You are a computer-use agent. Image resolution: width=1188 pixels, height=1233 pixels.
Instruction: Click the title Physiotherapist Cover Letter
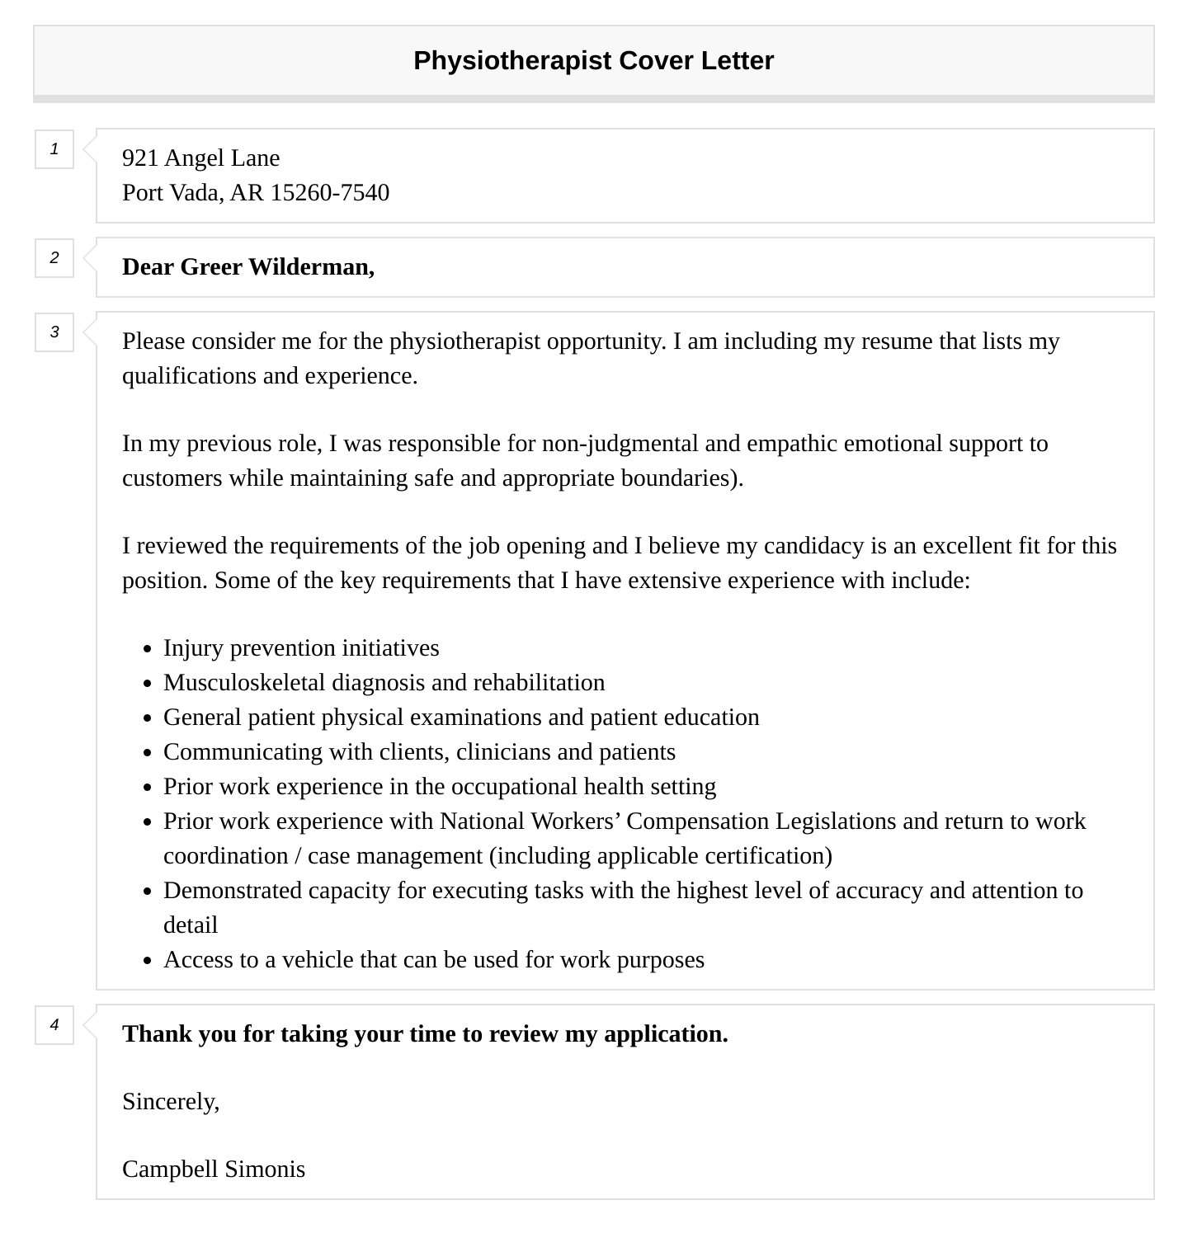coord(593,61)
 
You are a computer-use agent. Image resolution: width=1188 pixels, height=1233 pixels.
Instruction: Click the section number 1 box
coord(54,149)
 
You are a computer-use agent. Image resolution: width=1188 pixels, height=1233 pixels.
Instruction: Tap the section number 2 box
coord(54,258)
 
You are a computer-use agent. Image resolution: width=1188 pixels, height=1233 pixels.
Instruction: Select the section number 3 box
coord(54,332)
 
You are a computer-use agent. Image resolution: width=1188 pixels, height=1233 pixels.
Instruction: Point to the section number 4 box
coord(54,1025)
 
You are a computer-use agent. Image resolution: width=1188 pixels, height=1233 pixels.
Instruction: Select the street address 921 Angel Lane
coord(200,158)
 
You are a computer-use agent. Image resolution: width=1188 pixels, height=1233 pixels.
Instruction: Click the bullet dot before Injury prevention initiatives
coord(148,649)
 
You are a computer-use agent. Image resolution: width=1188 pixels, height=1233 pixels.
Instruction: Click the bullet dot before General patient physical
coord(148,718)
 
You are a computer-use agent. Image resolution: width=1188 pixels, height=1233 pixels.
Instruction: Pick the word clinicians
coord(503,752)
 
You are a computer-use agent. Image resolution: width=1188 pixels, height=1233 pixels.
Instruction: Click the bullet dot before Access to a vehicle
coord(148,961)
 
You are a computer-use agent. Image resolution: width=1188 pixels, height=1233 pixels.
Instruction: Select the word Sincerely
coord(170,1102)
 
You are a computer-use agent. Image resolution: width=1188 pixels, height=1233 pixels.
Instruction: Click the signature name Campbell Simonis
coord(214,1169)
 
